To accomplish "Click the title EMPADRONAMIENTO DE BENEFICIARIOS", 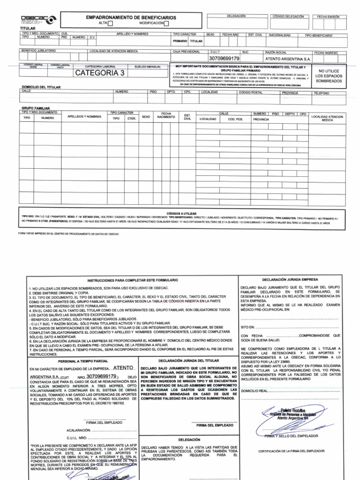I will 131,17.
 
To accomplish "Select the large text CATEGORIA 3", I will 100,73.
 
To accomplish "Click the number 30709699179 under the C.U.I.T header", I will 224,59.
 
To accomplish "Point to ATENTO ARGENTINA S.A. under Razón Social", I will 288,60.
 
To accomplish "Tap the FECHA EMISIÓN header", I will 329,16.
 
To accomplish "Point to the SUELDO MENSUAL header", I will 147,67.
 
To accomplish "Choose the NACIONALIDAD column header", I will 280,35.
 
